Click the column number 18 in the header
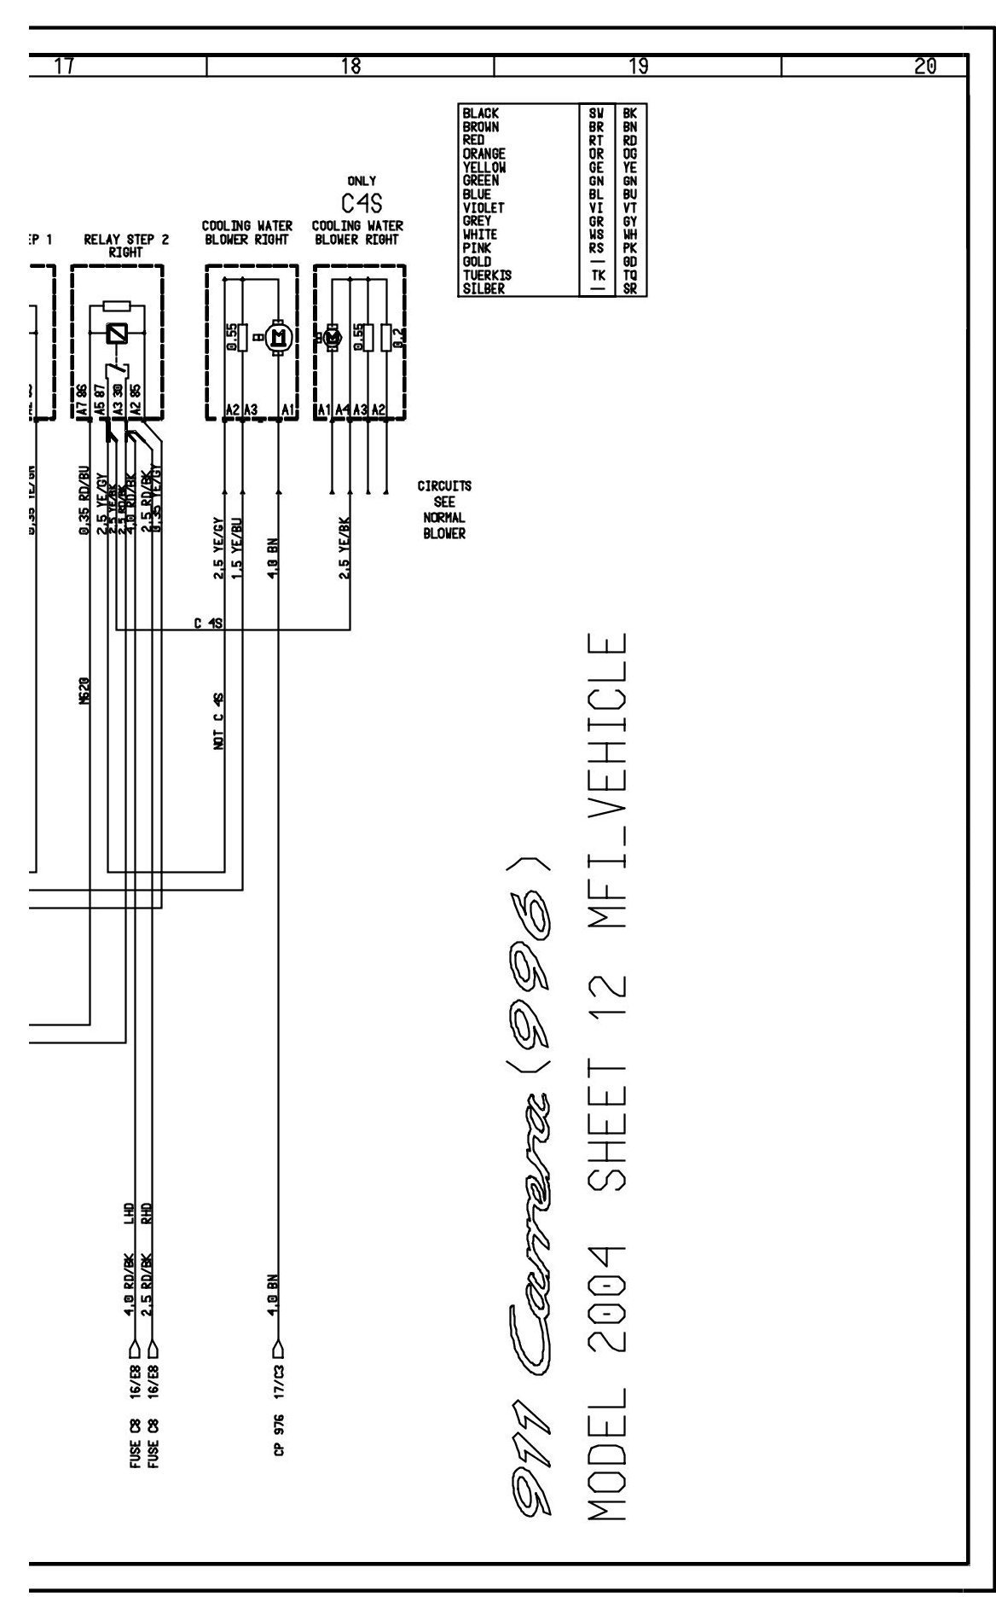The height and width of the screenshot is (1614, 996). [350, 66]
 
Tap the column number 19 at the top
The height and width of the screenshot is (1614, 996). [638, 66]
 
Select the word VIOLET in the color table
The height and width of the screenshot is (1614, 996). [484, 207]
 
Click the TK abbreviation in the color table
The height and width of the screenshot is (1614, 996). [597, 276]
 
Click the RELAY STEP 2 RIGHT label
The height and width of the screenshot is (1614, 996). [125, 247]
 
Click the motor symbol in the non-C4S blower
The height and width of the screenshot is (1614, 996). [277, 339]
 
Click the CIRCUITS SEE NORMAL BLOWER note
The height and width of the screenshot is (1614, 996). [444, 509]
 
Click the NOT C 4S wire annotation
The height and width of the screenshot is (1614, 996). [219, 722]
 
